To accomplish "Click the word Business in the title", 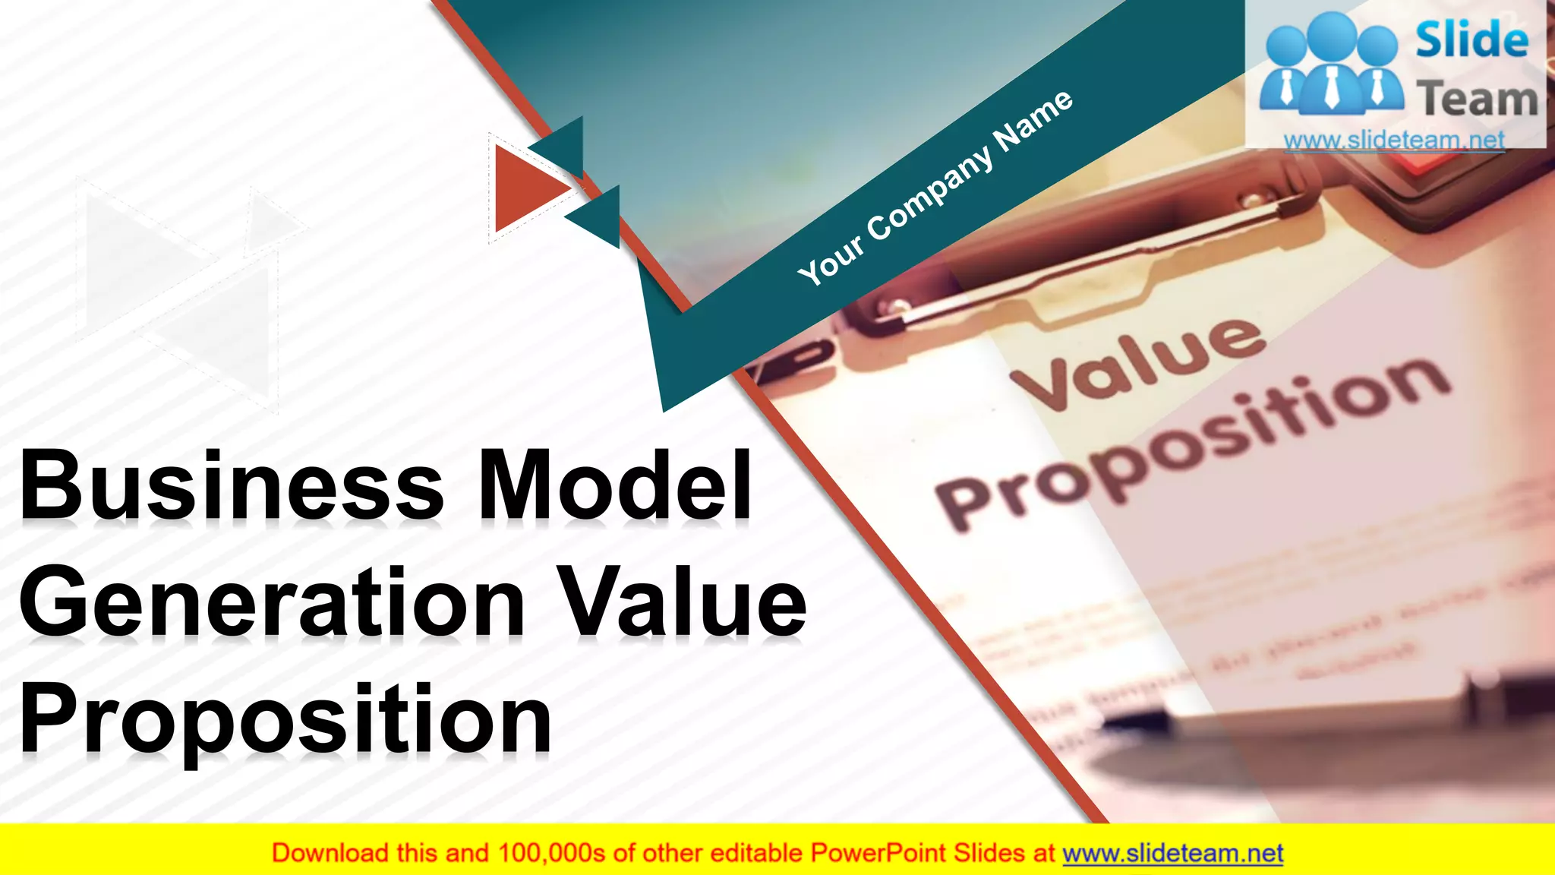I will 232,485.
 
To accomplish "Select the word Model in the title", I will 615,485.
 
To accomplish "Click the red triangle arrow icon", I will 528,188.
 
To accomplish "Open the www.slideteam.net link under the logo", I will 1394,140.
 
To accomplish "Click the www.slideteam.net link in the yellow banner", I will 1172,854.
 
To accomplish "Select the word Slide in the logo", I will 1471,39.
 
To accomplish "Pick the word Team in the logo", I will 1478,99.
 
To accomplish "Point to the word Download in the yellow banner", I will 330,854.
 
